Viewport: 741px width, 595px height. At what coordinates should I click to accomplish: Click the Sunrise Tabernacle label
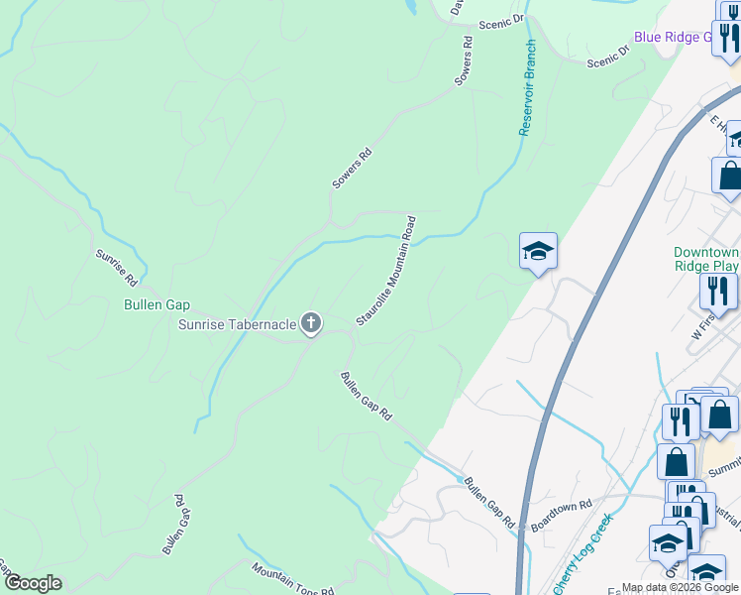(237, 324)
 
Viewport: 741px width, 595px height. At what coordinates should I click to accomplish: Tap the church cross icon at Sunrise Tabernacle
(311, 322)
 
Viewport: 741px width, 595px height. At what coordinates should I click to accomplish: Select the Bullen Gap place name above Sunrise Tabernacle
(156, 305)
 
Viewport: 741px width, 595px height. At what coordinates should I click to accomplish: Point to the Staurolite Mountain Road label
(386, 270)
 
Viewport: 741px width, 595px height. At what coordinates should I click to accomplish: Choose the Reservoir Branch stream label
(525, 88)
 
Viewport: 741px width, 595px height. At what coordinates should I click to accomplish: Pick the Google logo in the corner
(33, 583)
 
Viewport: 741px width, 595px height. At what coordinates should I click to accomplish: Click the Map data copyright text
(680, 587)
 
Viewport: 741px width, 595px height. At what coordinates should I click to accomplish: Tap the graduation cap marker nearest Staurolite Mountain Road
(538, 251)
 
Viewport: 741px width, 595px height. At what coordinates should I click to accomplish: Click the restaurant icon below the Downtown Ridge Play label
(718, 291)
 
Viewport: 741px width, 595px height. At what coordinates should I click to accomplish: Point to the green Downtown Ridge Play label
(706, 259)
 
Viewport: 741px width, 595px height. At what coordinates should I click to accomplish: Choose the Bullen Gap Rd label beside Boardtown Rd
(489, 502)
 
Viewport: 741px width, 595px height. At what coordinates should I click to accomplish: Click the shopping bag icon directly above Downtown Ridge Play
(729, 175)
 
